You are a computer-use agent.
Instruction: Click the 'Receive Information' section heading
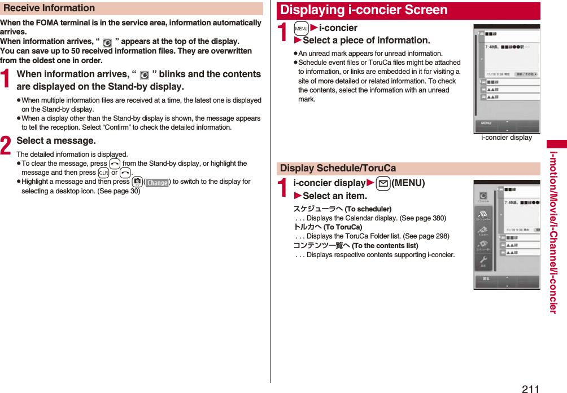point(49,8)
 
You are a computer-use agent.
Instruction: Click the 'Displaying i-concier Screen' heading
point(364,10)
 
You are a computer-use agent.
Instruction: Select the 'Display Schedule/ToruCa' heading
point(338,168)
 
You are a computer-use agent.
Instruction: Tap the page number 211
point(530,388)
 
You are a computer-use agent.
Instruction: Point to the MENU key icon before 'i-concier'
point(301,28)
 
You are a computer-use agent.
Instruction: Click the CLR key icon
point(103,173)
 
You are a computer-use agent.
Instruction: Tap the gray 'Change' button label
point(157,183)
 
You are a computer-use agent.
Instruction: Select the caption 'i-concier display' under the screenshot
point(506,138)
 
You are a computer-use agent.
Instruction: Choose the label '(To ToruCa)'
point(343,227)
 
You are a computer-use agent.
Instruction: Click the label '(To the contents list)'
point(385,246)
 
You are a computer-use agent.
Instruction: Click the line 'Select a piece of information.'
point(366,41)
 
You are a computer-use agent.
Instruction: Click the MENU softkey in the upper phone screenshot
point(486,123)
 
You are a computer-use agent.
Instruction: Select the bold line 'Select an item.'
point(334,196)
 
